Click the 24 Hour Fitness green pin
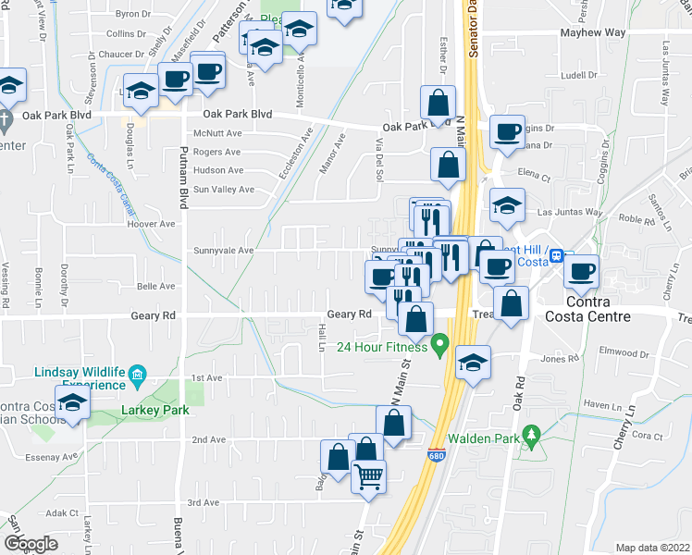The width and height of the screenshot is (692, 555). click(440, 348)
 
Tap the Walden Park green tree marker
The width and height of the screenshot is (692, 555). click(531, 433)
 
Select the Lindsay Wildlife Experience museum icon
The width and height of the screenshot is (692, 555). click(138, 374)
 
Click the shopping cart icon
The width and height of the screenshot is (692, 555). click(368, 477)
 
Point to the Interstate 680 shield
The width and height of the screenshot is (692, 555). click(436, 455)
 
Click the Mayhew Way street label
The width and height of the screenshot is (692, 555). click(593, 33)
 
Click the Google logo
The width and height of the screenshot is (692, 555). click(31, 544)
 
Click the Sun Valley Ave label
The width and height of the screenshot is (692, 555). click(223, 190)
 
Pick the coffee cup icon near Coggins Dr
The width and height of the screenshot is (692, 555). click(506, 132)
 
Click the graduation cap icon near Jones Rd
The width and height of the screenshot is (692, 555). click(473, 363)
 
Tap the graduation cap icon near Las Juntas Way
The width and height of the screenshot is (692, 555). click(507, 206)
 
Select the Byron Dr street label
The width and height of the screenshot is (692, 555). click(132, 14)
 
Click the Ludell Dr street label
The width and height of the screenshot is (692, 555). click(579, 75)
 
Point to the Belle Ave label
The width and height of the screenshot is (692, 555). click(155, 287)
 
